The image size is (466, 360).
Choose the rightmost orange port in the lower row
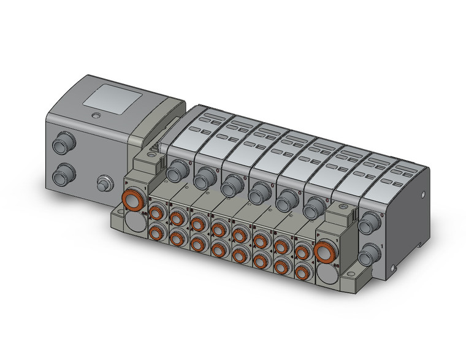302,269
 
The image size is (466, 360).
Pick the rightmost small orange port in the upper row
302,251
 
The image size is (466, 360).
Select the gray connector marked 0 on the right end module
368,225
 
